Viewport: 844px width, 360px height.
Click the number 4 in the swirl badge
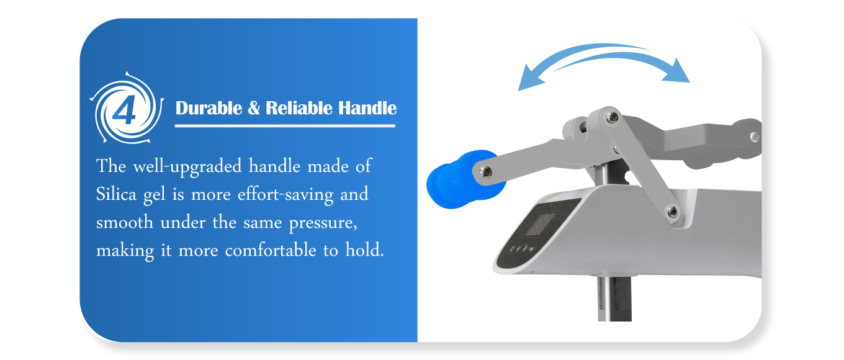point(124,110)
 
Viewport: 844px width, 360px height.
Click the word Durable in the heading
point(209,108)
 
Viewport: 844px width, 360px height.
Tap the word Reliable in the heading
point(299,108)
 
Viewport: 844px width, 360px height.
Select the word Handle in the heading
point(367,108)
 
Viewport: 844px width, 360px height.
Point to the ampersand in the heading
point(254,108)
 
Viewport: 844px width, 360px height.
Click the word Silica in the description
point(116,194)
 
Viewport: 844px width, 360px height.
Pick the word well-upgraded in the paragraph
point(187,166)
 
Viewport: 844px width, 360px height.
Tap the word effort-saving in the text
point(285,195)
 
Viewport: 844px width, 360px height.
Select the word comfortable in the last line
point(271,250)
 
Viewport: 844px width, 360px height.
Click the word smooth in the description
point(124,222)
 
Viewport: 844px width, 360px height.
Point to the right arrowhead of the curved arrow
point(678,71)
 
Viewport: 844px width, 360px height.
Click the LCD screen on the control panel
point(541,224)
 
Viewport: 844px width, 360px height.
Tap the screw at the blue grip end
point(485,173)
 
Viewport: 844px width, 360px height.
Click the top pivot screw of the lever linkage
point(612,117)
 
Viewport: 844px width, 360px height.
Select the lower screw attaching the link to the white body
point(672,211)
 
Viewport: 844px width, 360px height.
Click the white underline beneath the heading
point(285,126)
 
